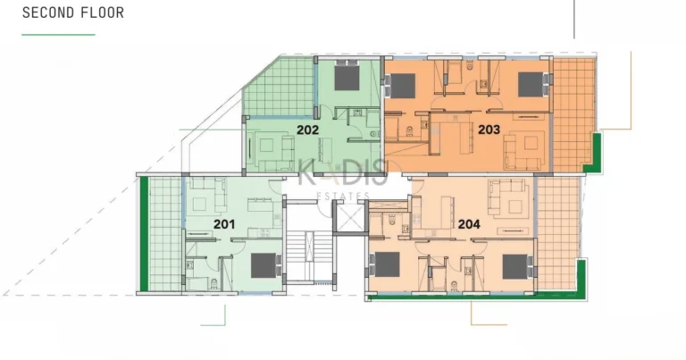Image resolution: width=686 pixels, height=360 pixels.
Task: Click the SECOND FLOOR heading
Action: pos(73,13)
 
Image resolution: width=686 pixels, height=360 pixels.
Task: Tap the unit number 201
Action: pos(224,224)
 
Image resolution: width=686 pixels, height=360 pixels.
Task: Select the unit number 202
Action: pos(308,130)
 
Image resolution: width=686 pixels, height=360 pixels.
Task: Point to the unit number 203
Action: pos(489,130)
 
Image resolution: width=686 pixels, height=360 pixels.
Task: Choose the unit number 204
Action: pos(469,226)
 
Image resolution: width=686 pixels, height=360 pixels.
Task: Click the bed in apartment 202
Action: pos(347,78)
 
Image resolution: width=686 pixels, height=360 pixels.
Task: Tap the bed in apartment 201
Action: pos(264,265)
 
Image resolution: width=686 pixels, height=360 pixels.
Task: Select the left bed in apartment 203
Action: pos(402,86)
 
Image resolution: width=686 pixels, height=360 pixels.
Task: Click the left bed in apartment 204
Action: pos(386,264)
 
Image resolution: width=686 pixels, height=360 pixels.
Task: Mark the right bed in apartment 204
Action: pos(515,266)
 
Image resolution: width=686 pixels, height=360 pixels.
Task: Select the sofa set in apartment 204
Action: pos(506,197)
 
